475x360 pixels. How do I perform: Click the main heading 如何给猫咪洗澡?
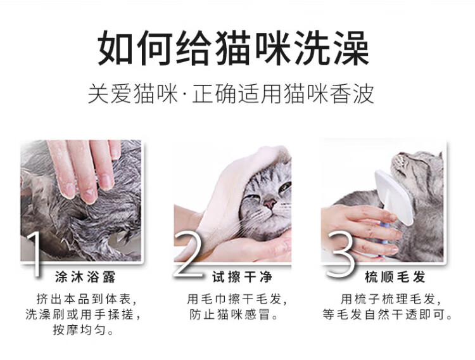[x=234, y=48]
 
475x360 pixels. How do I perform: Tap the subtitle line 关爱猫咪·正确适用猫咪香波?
[x=231, y=94]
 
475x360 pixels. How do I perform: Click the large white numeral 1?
[x=34, y=254]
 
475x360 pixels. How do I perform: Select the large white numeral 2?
[x=189, y=254]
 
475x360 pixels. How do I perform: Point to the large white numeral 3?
[x=340, y=254]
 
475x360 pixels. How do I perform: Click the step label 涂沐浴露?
[x=85, y=277]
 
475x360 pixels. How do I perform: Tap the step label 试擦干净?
[x=242, y=277]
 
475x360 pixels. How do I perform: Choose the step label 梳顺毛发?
[x=395, y=277]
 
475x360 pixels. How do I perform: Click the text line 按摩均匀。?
[x=84, y=330]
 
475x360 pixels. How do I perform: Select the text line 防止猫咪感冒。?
[x=234, y=314]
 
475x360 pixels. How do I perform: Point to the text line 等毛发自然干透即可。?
[x=387, y=314]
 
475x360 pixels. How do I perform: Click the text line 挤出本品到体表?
[x=87, y=299]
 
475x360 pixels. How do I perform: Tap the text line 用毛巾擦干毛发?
[x=237, y=299]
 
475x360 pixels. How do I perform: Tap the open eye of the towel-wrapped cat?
[x=285, y=186]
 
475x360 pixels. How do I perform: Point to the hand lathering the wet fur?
[x=85, y=170]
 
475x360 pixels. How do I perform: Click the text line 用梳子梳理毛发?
[x=391, y=299]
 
